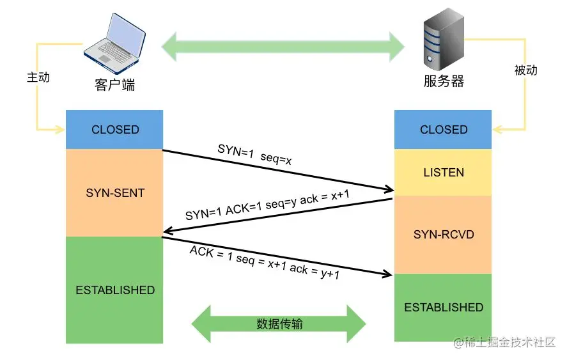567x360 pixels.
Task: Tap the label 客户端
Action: click(115, 84)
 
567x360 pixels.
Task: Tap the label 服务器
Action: click(444, 81)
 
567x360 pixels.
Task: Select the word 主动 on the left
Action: click(38, 77)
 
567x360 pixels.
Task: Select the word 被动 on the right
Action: click(525, 70)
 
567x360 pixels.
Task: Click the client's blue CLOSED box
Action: click(114, 129)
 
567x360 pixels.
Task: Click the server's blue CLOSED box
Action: click(443, 129)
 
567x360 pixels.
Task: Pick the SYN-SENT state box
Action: click(114, 192)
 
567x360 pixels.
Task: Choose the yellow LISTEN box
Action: click(443, 173)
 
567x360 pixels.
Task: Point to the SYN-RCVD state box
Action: click(443, 234)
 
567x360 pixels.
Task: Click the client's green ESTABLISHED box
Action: click(114, 290)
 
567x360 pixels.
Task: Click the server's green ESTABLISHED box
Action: click(443, 307)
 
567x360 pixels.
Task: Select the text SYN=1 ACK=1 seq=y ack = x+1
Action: click(267, 205)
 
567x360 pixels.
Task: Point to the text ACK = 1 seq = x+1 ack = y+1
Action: click(264, 261)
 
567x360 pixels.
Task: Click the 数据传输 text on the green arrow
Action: click(279, 324)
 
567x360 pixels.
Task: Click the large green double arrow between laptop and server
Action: click(283, 46)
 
